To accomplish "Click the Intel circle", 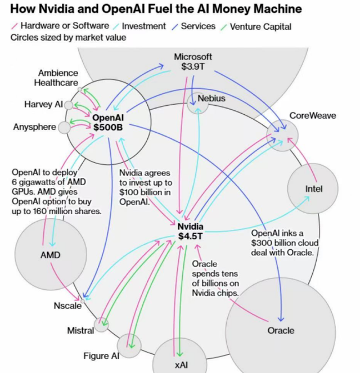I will [313, 189].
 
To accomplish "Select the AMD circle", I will [50, 255].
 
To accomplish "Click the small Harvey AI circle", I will [69, 105].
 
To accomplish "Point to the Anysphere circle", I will [64, 127].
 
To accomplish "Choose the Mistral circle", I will [101, 324].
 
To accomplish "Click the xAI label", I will [181, 365].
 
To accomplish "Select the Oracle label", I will [281, 330].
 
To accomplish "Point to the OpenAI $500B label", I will [107, 123].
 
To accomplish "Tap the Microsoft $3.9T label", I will [193, 61].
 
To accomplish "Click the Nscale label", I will [67, 306].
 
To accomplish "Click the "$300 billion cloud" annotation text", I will [285, 243].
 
